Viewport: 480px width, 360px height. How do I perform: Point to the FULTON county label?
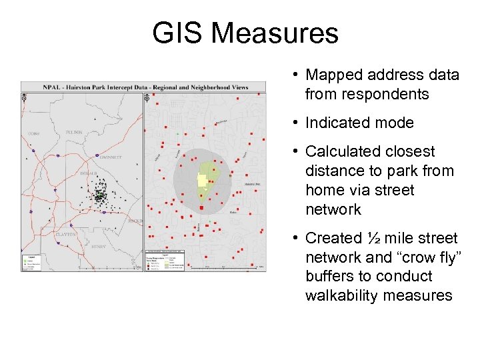74,132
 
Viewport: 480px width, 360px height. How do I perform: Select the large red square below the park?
201,208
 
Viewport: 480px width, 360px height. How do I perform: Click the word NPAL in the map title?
54,87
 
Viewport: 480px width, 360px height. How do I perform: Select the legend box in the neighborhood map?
166,260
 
